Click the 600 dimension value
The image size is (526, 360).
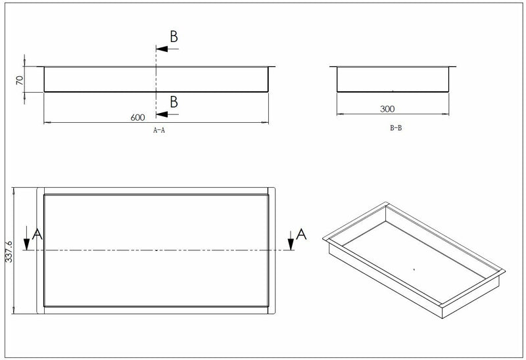pyautogui.click(x=137, y=118)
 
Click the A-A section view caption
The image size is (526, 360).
pyautogui.click(x=159, y=131)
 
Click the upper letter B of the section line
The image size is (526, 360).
pyautogui.click(x=174, y=37)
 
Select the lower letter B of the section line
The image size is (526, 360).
pyautogui.click(x=174, y=101)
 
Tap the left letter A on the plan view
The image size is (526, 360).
pyautogui.click(x=37, y=234)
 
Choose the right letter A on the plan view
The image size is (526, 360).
pyautogui.click(x=301, y=234)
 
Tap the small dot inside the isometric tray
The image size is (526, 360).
pyautogui.click(x=414, y=269)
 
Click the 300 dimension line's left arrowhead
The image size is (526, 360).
pyautogui.click(x=339, y=114)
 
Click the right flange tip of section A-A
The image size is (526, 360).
pyautogui.click(x=275, y=66)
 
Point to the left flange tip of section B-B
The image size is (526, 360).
pyautogui.click(x=330, y=66)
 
